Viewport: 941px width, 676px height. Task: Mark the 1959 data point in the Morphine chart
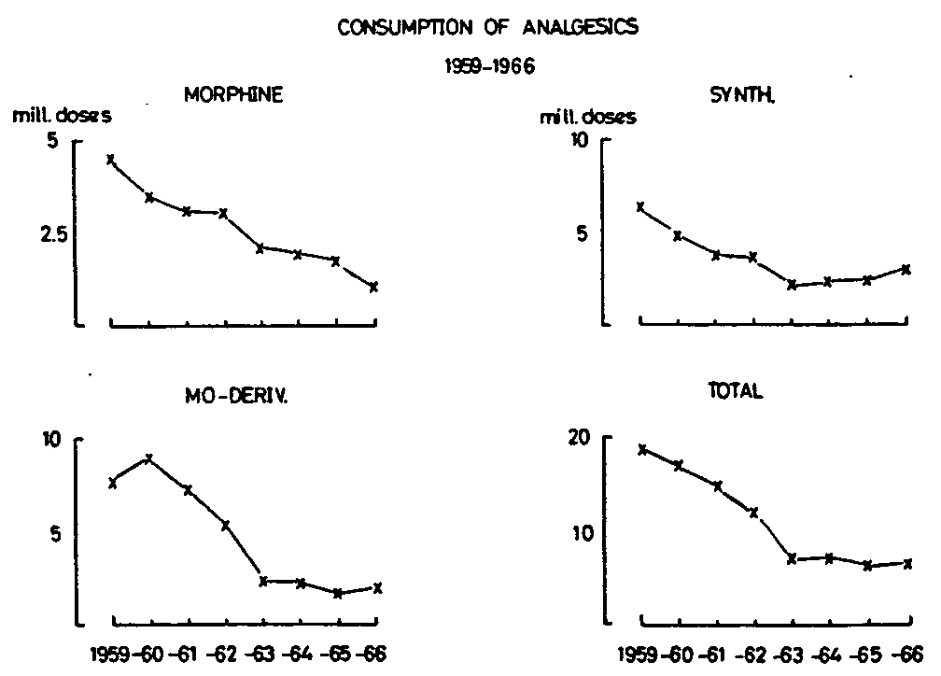tap(111, 160)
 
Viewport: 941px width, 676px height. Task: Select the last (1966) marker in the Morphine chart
tap(373, 287)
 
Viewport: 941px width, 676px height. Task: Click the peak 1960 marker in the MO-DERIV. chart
tap(148, 458)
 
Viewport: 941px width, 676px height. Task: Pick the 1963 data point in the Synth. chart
tap(792, 285)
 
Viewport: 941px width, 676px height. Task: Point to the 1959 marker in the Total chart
tap(642, 449)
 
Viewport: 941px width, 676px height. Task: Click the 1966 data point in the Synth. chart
tap(906, 269)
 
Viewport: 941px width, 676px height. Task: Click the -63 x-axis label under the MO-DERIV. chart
tap(265, 653)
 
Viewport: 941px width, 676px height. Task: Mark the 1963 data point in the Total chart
tap(792, 559)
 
